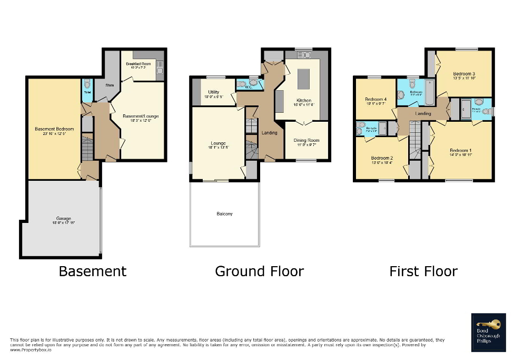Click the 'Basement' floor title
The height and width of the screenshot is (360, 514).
tap(93, 271)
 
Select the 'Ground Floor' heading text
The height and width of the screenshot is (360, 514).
tap(259, 271)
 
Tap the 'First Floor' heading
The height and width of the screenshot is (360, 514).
tap(423, 271)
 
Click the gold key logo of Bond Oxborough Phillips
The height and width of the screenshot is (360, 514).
tap(485, 325)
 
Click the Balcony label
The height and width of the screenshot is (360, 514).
tap(224, 213)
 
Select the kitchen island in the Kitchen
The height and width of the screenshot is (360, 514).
tap(304, 79)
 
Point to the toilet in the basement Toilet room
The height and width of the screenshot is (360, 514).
tap(87, 84)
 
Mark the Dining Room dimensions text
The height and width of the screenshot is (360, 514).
tap(306, 144)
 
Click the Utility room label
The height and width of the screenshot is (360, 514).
tap(213, 92)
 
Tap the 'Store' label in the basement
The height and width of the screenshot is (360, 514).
tap(110, 85)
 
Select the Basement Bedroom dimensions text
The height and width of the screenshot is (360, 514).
tap(55, 133)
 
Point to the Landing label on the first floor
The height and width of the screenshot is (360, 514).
tap(423, 113)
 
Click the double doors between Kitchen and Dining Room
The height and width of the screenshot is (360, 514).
tap(303, 122)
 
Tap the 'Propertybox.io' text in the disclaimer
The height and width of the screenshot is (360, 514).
tap(30, 349)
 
